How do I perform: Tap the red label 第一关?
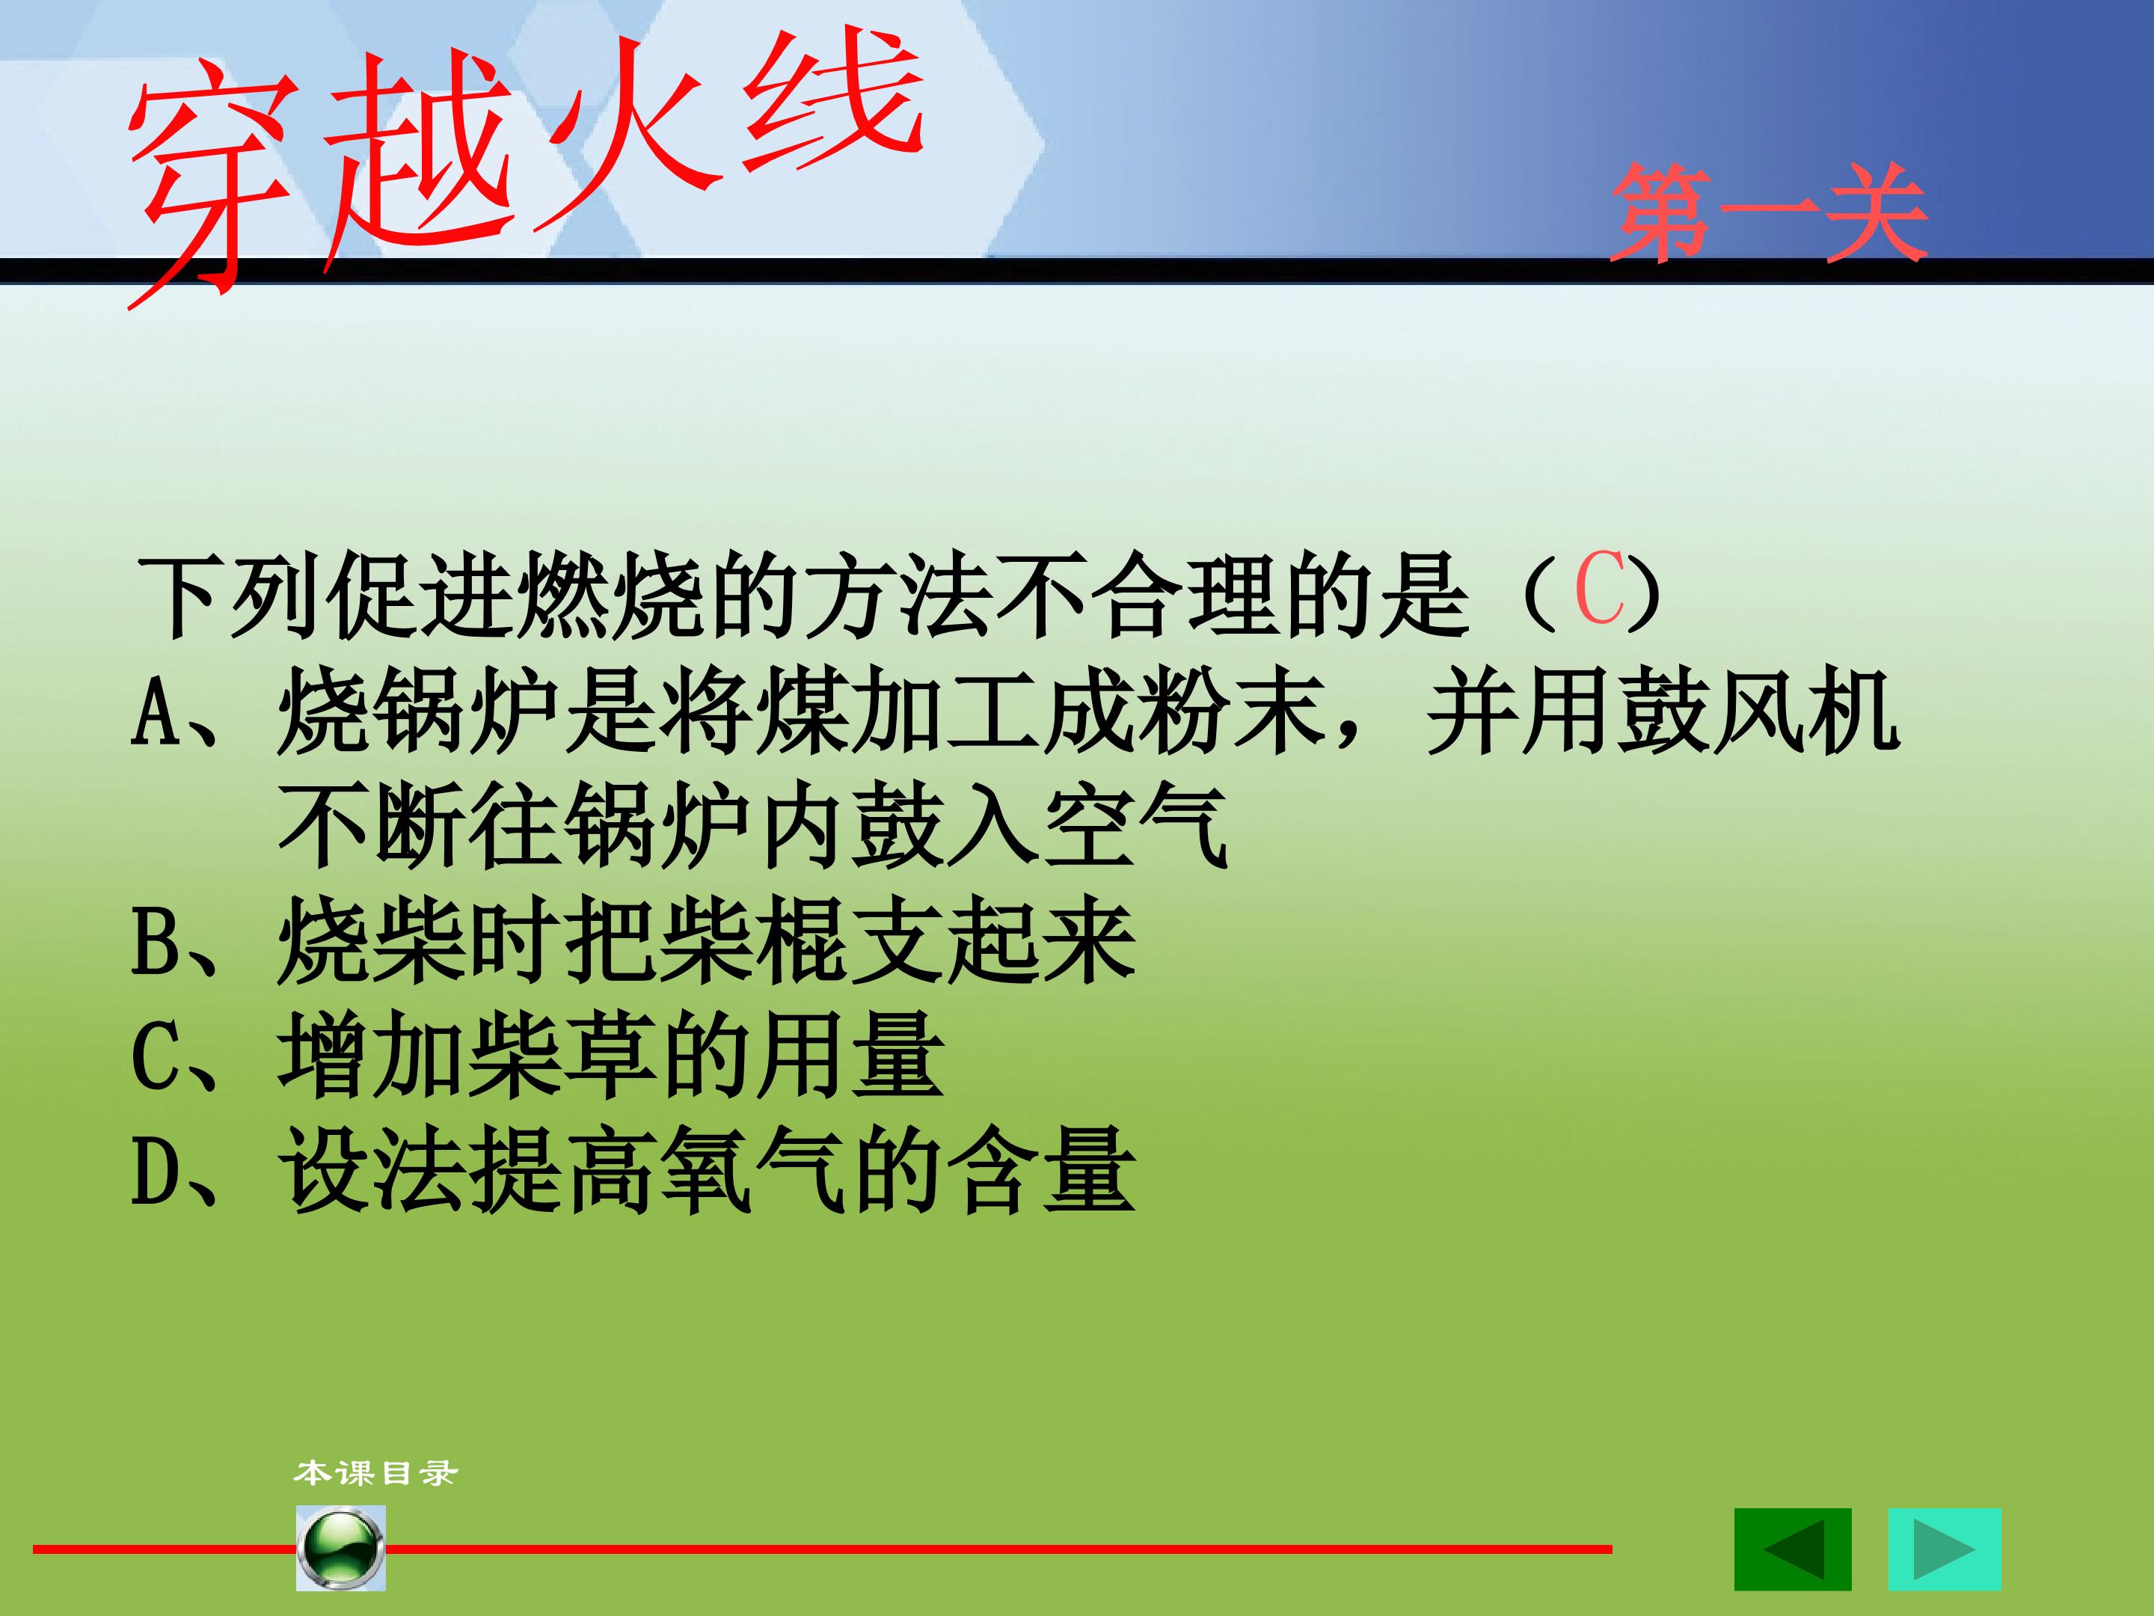click(x=1768, y=212)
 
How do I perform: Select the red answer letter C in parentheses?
click(x=1599, y=590)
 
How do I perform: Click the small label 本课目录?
click(x=375, y=1473)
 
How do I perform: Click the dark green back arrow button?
click(x=1793, y=1549)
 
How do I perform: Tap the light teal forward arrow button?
click(x=1945, y=1549)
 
